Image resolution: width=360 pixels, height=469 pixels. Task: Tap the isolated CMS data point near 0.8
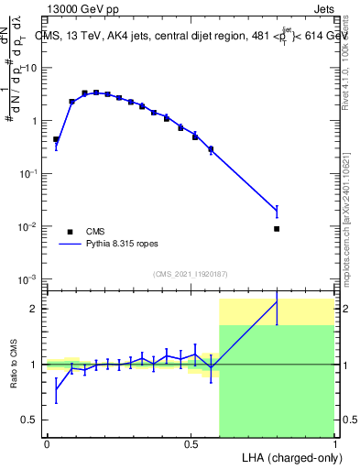click(277, 229)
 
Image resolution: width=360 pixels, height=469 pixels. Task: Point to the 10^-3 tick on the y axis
click(27, 278)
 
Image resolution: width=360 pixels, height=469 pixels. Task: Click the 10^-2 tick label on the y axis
click(27, 226)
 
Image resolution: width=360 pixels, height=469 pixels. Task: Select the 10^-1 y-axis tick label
click(27, 173)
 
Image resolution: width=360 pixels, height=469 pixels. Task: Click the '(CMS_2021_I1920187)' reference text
click(190, 273)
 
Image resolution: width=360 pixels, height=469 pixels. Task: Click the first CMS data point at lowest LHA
click(56, 139)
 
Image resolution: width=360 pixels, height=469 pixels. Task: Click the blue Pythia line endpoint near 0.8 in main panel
click(277, 212)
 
